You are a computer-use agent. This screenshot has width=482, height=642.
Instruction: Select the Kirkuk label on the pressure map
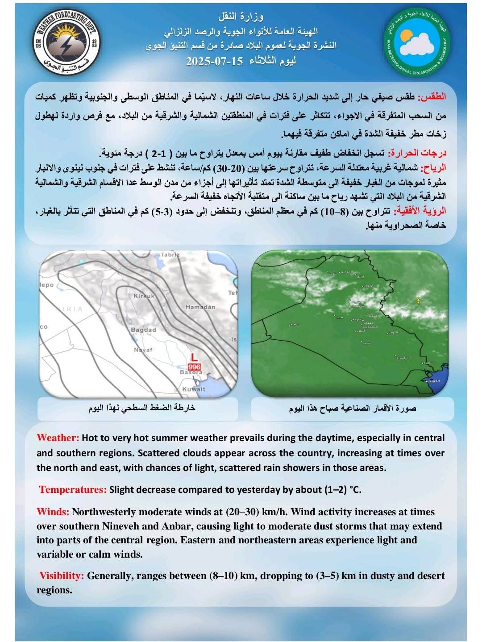pos(144,296)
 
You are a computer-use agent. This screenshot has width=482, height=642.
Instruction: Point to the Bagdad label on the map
pos(143,329)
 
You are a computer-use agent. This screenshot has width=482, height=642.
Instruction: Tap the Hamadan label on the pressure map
pos(200,307)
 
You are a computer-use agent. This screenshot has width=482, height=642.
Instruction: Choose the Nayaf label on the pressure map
pos(143,350)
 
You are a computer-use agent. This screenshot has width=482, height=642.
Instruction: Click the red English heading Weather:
pos(58,438)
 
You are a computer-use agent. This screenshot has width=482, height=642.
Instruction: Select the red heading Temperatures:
pos(73,489)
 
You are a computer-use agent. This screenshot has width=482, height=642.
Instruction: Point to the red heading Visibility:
pos(62,576)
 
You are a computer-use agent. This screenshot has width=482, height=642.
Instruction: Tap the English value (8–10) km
pos(224,576)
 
